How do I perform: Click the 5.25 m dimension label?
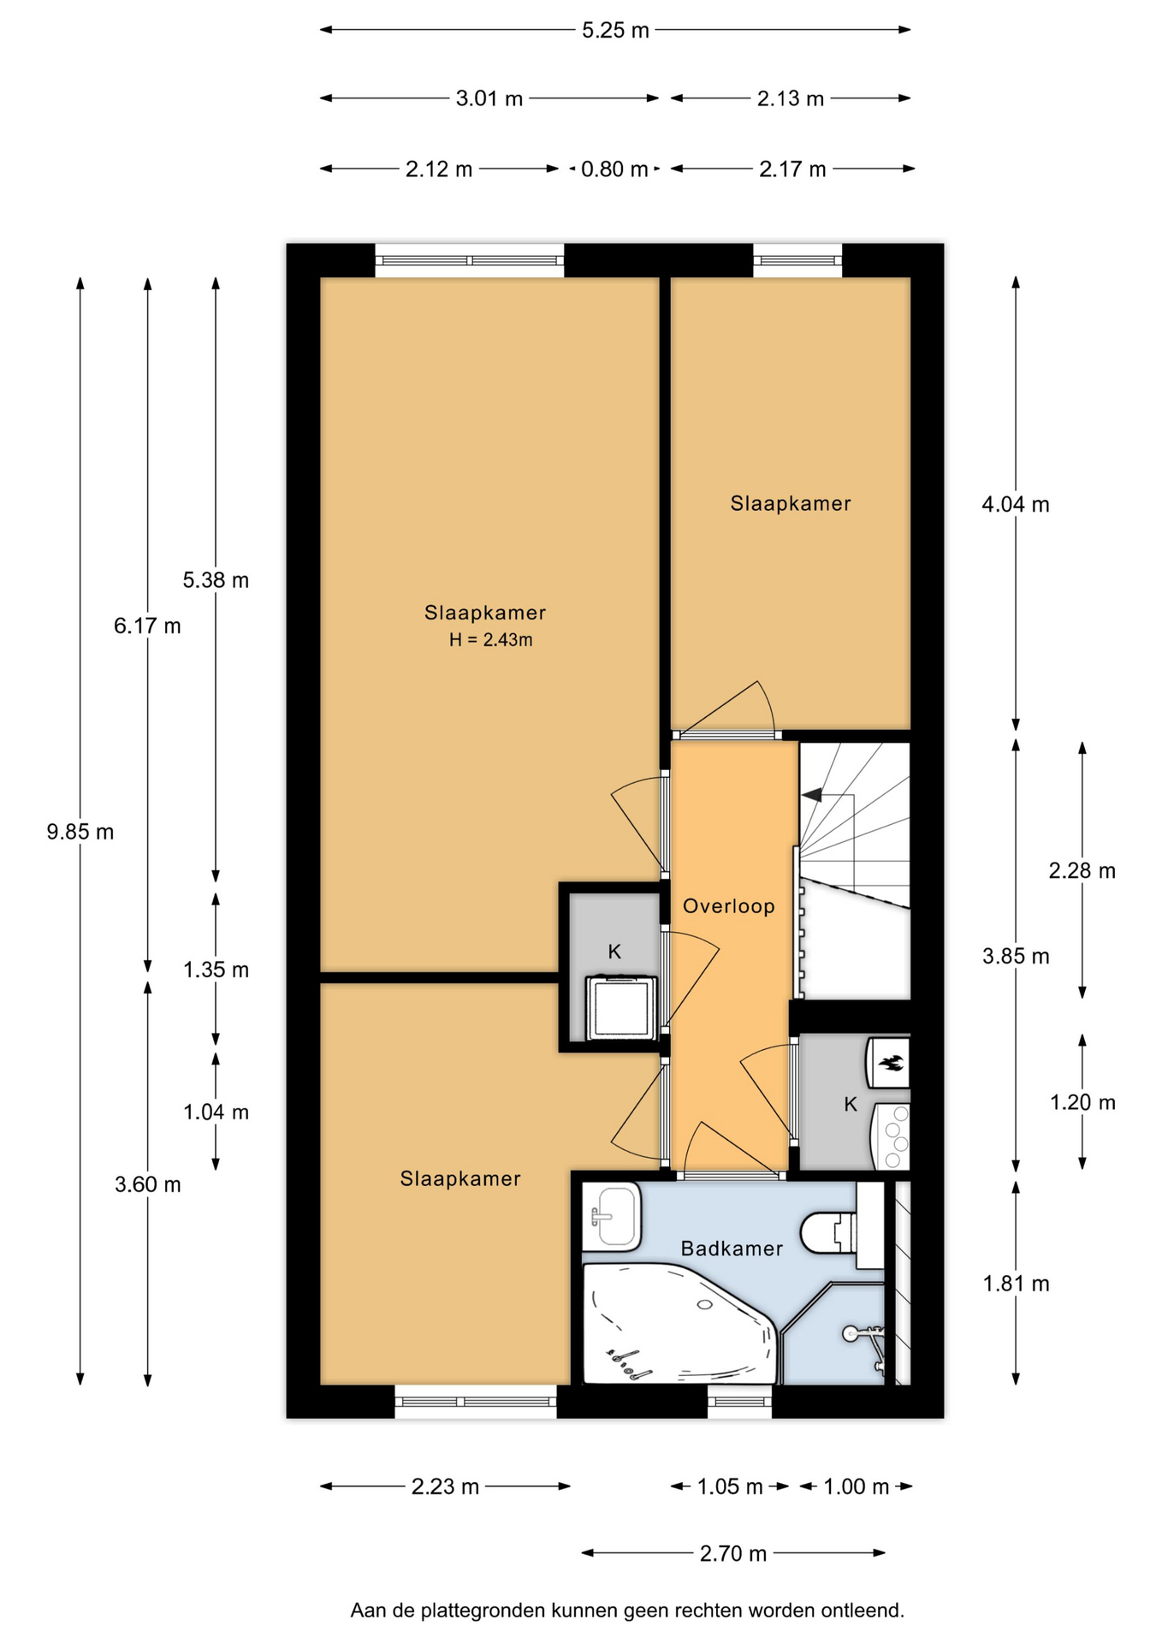(615, 31)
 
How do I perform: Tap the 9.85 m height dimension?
(80, 832)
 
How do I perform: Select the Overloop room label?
(729, 906)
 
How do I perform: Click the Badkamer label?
(732, 1249)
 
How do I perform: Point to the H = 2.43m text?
(491, 639)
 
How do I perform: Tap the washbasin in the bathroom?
(611, 1216)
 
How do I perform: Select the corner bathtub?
(681, 1324)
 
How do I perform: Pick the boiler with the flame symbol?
(888, 1063)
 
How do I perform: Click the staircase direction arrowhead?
(811, 795)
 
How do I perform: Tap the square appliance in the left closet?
(621, 1008)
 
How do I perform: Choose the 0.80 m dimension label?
(614, 169)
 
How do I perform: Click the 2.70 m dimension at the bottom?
(733, 1553)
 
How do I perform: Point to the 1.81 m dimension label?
(1016, 1284)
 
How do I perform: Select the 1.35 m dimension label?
(216, 970)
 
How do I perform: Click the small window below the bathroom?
(739, 1402)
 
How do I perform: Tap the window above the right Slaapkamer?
(797, 260)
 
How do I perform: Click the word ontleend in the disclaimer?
(862, 1610)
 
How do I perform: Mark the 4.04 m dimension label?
(1016, 505)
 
